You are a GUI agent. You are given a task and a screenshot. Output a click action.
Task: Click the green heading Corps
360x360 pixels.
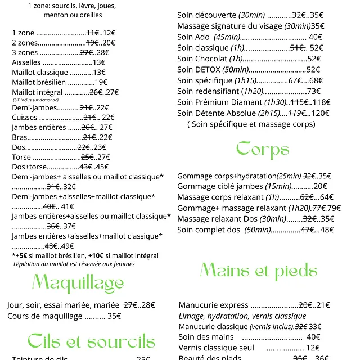263,149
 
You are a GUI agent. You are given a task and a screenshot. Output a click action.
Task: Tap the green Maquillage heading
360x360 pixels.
78,283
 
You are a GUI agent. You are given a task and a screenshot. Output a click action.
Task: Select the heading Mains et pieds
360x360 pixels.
258,271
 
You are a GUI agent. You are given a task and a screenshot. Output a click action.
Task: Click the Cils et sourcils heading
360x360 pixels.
91,341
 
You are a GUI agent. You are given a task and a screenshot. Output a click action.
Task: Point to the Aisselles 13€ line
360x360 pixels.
58,62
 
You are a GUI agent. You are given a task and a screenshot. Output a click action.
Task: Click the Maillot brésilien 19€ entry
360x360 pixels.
60,82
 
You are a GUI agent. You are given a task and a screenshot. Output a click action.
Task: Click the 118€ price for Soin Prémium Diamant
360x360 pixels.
321,102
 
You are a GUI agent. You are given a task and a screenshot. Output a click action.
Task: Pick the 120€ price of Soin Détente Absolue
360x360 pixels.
321,113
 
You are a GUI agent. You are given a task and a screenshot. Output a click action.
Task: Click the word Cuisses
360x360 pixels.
25,118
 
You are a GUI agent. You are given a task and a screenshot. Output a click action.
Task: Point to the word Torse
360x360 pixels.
21,157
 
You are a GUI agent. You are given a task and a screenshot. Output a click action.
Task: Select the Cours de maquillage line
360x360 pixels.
64,316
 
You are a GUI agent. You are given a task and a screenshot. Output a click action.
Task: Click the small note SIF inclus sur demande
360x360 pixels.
35,99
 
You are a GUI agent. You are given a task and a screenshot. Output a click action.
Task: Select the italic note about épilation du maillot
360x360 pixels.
74,263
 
